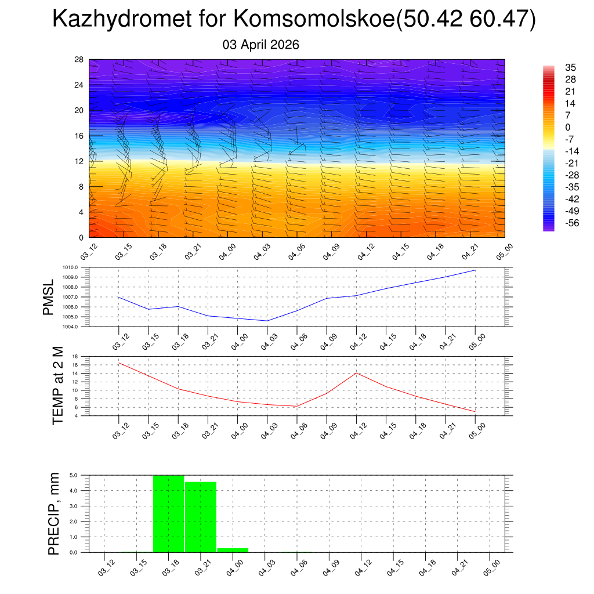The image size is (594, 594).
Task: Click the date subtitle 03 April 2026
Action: (261, 45)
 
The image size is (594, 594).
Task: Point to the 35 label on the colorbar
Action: (571, 67)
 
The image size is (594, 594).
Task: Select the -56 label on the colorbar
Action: (571, 222)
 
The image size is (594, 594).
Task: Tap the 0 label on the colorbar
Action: (568, 127)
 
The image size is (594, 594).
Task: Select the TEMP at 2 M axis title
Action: (57, 385)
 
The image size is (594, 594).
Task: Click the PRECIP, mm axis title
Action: (54, 514)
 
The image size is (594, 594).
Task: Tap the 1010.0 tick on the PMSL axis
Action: (73, 267)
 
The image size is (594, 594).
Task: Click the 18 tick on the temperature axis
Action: (75, 356)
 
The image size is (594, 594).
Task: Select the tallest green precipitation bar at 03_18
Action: (169, 514)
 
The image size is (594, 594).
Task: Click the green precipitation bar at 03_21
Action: (201, 517)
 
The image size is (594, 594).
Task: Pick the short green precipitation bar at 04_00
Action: (233, 550)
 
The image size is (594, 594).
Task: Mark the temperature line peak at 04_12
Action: (356, 373)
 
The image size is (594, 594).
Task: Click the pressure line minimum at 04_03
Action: (267, 321)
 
